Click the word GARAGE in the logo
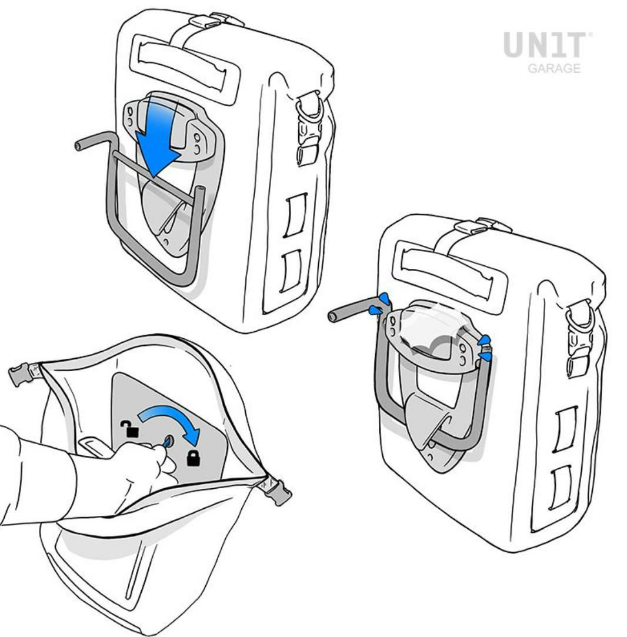pos(554,68)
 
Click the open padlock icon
pos(129,429)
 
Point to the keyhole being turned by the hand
pos(168,441)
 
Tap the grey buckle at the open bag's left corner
pos(21,374)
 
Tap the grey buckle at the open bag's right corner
pos(278,491)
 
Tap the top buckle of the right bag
pos(482,227)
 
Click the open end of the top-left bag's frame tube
pos(79,146)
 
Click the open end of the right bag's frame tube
pos(332,316)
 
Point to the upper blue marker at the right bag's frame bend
pos(383,300)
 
